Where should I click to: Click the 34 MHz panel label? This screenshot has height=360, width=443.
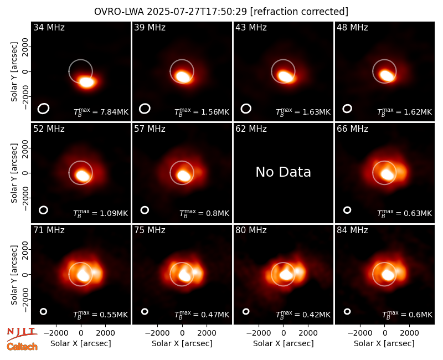pyautogui.click(x=49, y=27)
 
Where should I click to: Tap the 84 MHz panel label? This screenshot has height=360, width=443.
pyautogui.click(x=352, y=230)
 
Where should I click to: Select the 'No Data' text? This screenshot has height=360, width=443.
pyautogui.click(x=283, y=172)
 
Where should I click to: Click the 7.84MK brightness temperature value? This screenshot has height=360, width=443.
pyautogui.click(x=110, y=112)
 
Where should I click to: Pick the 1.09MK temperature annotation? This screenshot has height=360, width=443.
pyautogui.click(x=110, y=213)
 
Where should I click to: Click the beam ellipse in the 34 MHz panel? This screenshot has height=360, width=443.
pyautogui.click(x=43, y=109)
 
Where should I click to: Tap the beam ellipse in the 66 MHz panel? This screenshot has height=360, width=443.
pyautogui.click(x=347, y=210)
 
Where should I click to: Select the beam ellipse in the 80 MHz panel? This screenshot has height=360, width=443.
pyautogui.click(x=246, y=311)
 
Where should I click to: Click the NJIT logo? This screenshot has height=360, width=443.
pyautogui.click(x=22, y=334)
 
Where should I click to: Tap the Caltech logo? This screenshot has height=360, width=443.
pyautogui.click(x=22, y=347)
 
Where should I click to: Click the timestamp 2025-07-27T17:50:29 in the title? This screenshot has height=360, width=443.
pyautogui.click(x=197, y=12)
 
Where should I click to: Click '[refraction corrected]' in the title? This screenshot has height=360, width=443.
pyautogui.click(x=299, y=12)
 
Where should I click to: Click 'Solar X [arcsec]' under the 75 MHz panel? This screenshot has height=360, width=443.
pyautogui.click(x=182, y=343)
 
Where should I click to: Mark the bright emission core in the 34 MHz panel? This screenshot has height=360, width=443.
pyautogui.click(x=86, y=82)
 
